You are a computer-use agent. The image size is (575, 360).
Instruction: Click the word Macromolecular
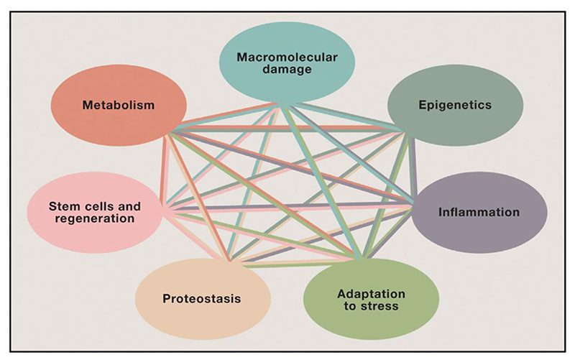[x=277, y=55]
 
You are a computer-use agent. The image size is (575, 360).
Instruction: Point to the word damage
[x=277, y=70]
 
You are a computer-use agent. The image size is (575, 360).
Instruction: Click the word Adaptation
[x=372, y=294]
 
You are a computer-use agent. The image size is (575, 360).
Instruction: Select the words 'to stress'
[x=372, y=308]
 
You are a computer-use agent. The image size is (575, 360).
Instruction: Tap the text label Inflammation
[x=479, y=212]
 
